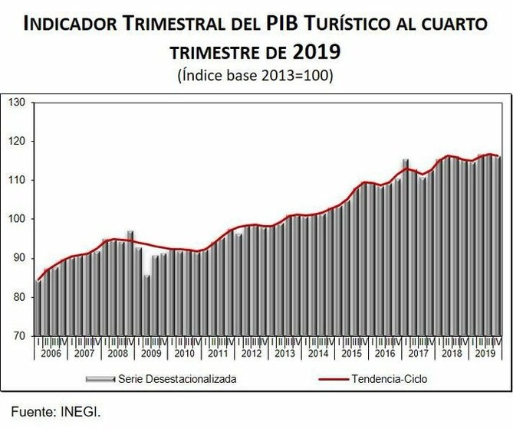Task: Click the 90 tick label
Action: point(20,258)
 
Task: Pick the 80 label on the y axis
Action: point(20,297)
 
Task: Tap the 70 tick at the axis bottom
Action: point(20,336)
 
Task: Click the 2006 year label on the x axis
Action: point(51,354)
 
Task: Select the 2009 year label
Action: point(151,354)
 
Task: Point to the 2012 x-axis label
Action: point(252,354)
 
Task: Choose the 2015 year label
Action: point(351,354)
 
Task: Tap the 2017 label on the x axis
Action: point(418,354)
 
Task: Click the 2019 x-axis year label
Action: point(485,354)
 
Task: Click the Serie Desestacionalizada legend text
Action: point(177,378)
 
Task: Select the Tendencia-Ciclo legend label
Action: point(389,378)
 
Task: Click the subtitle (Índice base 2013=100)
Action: point(256,77)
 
